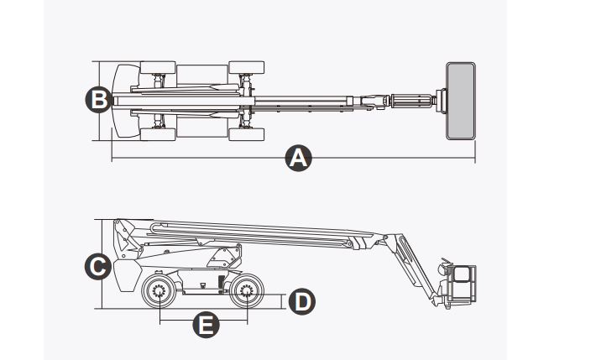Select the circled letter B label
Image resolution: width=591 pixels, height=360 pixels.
(x=99, y=99)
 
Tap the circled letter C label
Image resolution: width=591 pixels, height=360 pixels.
(x=99, y=267)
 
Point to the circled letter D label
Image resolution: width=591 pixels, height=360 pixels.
(x=301, y=300)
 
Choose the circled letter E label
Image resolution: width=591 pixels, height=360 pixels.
(x=204, y=325)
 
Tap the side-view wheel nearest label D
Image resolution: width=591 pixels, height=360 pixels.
(x=245, y=293)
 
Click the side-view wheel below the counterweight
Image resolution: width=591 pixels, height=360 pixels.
(x=159, y=293)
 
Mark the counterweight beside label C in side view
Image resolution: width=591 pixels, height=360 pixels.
(x=125, y=273)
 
